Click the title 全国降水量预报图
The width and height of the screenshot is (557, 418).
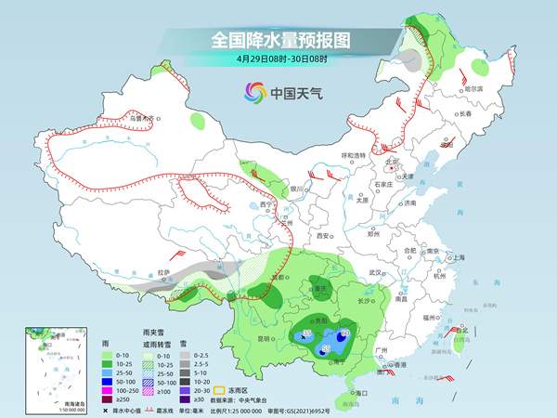point(278,41)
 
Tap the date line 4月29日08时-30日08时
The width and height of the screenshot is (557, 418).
point(278,60)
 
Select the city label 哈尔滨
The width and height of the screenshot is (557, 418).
point(473,88)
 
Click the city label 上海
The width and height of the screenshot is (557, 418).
point(455,256)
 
